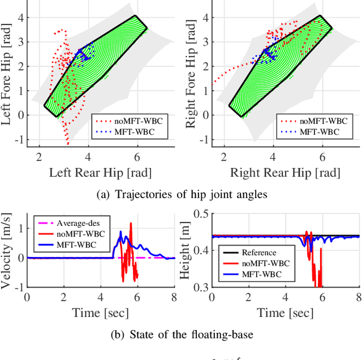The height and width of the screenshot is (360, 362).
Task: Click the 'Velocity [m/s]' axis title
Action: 8,250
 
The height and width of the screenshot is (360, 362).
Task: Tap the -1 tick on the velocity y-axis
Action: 19,288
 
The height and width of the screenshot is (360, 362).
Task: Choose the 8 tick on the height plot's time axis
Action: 359,298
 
